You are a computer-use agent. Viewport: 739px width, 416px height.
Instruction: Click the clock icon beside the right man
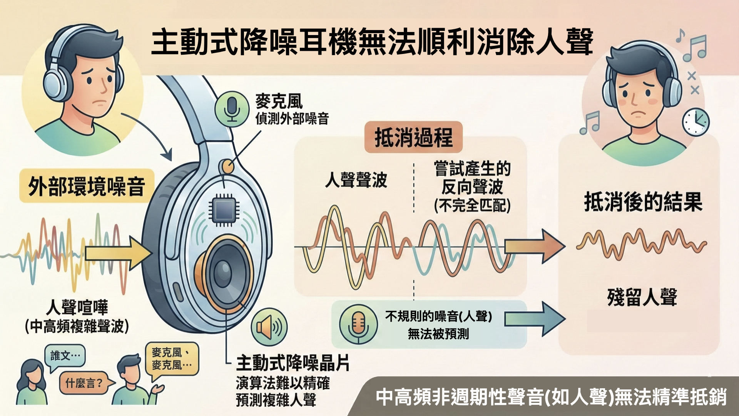click(696, 122)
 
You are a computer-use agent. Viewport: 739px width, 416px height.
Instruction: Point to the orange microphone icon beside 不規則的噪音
click(358, 324)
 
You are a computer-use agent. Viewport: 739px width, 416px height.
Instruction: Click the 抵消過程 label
click(413, 138)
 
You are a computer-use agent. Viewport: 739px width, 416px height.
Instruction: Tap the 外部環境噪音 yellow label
click(87, 186)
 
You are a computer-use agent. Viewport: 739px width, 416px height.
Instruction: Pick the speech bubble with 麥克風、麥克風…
click(172, 359)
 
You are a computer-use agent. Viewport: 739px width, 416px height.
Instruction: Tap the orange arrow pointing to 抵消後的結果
click(535, 246)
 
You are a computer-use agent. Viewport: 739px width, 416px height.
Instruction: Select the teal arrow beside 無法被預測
click(535, 319)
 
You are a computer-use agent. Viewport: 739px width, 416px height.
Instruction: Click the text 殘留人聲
click(642, 297)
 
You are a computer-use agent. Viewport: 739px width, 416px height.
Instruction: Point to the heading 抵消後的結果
click(643, 202)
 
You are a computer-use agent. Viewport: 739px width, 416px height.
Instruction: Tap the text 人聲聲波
click(356, 180)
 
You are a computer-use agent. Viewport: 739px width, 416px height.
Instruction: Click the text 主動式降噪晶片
click(293, 363)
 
